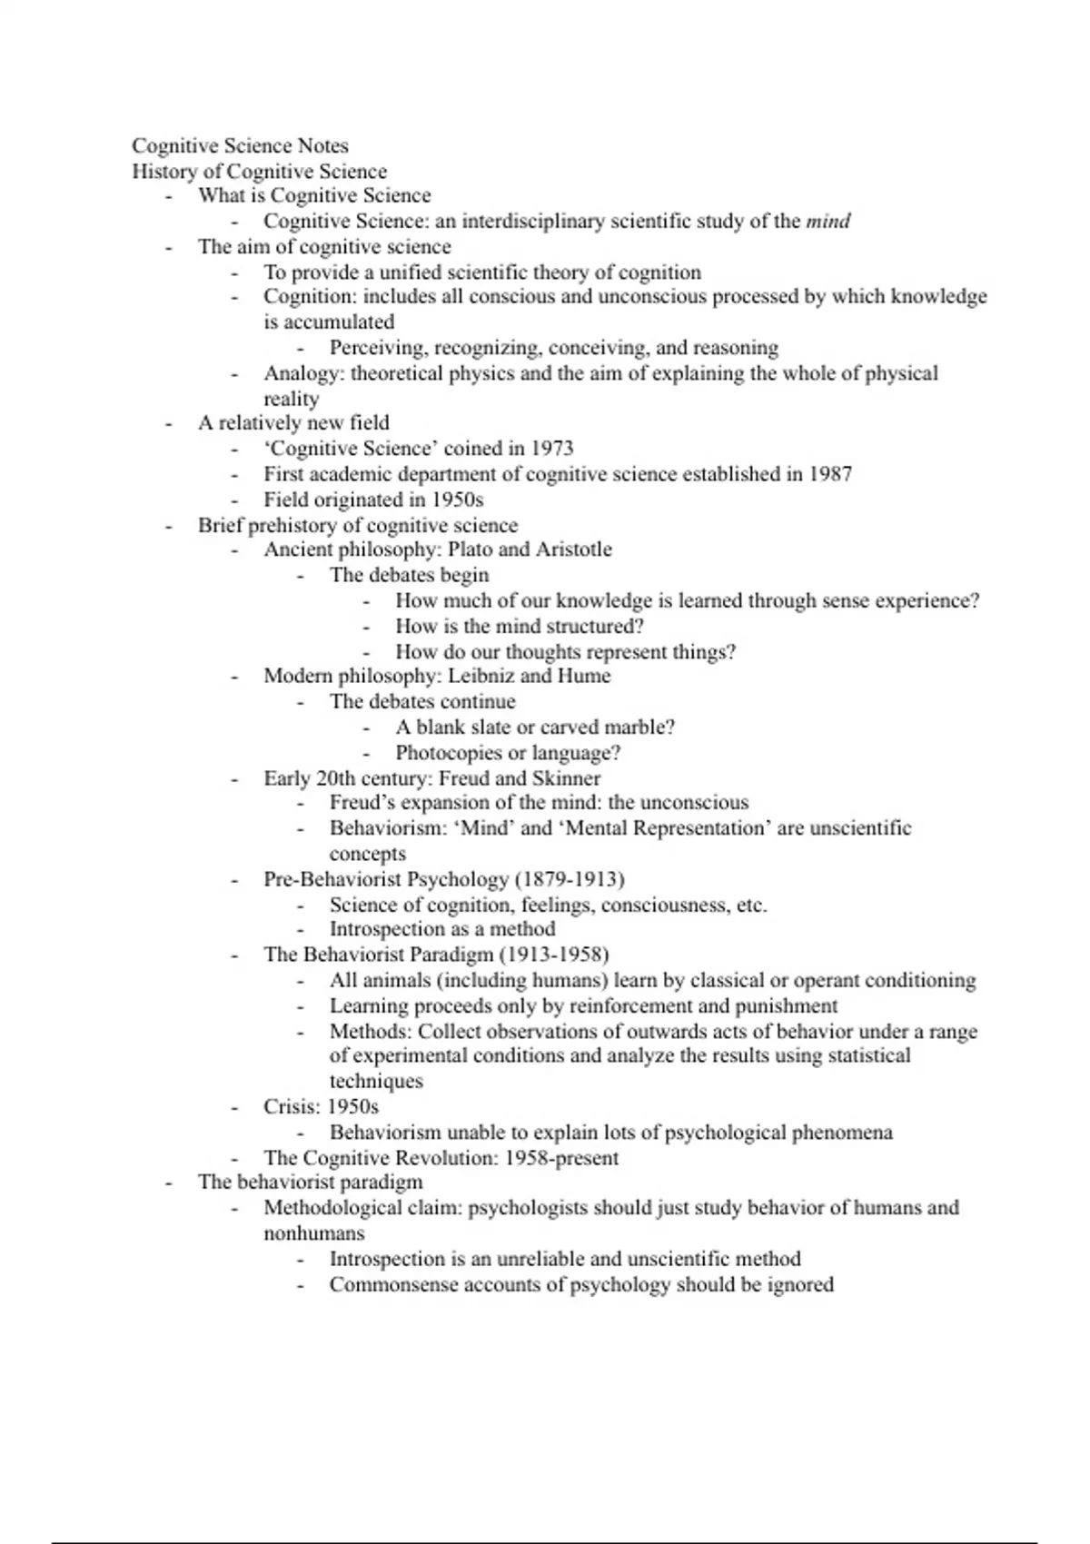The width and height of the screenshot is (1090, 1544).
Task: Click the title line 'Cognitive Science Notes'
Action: click(x=240, y=146)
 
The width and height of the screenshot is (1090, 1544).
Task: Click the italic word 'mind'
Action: click(x=827, y=222)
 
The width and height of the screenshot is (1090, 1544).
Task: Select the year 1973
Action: click(x=551, y=449)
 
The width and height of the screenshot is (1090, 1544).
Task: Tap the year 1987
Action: click(x=830, y=474)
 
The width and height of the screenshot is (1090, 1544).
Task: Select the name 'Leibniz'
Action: click(x=481, y=676)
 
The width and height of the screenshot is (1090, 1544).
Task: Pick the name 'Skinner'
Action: click(x=566, y=778)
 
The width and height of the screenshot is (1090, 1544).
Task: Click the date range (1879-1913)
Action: click(x=570, y=879)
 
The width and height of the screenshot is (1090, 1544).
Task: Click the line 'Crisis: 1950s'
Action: click(x=321, y=1107)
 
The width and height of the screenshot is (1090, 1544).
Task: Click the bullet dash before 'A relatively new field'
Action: click(x=169, y=423)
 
